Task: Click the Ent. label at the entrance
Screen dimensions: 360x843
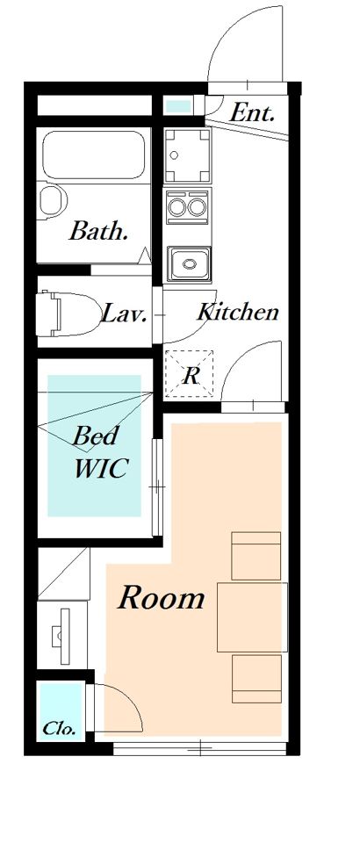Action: [252, 113]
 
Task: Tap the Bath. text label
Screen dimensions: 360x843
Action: [98, 231]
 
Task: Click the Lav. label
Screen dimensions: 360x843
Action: [124, 313]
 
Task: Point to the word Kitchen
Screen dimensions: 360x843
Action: [238, 311]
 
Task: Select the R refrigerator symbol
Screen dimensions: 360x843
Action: [190, 376]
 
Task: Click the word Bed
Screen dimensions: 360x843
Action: [95, 436]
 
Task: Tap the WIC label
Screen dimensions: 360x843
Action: [100, 468]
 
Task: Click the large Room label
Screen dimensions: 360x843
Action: [162, 598]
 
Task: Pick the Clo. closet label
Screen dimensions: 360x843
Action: [59, 729]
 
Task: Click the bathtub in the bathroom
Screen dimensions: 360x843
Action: [93, 155]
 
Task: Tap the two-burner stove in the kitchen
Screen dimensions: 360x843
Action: [188, 206]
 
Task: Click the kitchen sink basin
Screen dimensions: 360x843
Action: [189, 263]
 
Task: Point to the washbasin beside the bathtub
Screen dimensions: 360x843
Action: [52, 199]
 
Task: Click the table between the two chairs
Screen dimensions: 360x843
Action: [252, 616]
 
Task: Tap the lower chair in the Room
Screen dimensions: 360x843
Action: [257, 679]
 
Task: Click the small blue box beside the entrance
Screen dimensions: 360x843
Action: [178, 106]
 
